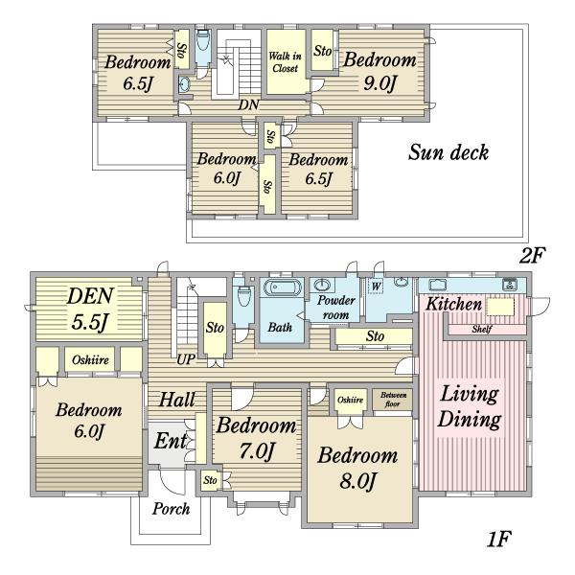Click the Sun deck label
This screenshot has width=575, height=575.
coord(448,152)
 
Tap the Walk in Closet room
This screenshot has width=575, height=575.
coord(286,61)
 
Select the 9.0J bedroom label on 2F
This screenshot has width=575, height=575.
coord(379,71)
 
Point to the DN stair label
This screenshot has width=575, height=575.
coord(248,104)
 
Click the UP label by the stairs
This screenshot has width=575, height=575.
coord(186,359)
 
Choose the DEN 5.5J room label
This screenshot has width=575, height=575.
coord(90,309)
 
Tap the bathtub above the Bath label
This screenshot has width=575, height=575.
coord(282,287)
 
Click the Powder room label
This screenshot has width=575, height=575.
coord(336,308)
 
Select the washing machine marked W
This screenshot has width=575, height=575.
coord(376,286)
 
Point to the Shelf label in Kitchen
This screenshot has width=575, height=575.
coord(482,329)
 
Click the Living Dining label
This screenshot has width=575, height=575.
coord(470,406)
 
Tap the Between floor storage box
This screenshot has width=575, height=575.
coord(392,400)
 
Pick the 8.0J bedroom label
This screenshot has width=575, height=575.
coord(357,468)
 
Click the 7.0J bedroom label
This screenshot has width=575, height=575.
coord(256,438)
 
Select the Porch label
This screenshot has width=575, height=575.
coord(171,509)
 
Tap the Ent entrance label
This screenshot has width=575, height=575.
coord(171,441)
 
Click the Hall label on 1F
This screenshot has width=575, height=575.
coord(177,399)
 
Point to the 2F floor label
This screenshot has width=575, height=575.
coord(533,255)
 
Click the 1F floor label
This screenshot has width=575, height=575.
coord(498,539)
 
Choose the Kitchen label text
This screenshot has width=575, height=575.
coord(453,305)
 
